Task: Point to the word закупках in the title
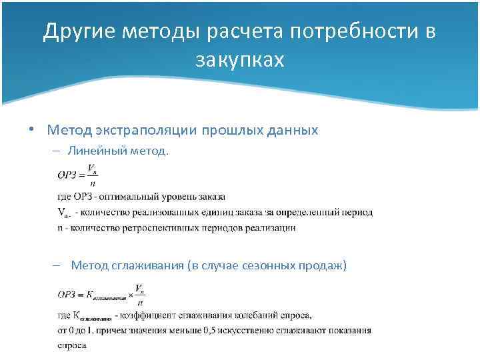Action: (240, 61)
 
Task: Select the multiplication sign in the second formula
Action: (131, 294)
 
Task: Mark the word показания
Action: (349, 330)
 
